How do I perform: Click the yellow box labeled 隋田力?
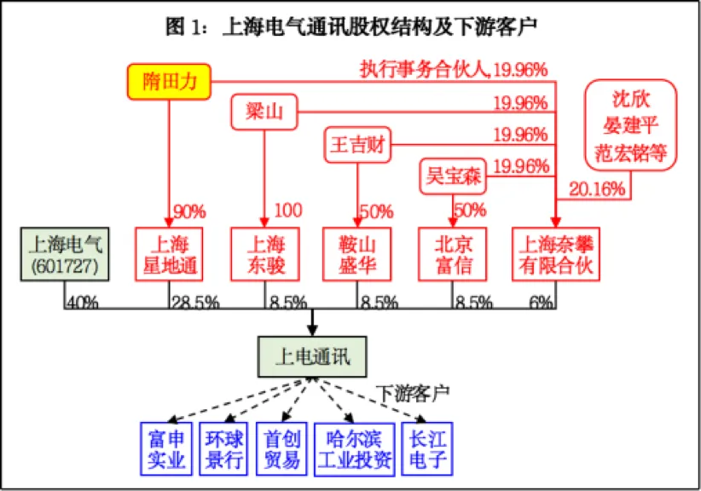[170, 81]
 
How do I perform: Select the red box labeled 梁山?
[264, 112]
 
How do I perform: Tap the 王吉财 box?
[357, 145]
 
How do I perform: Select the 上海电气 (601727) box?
[65, 254]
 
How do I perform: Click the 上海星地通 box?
[170, 254]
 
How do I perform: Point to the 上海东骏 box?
[264, 254]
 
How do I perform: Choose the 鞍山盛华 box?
[357, 254]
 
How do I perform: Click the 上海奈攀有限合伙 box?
[556, 254]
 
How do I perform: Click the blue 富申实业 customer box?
[166, 448]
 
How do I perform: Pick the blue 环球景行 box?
[224, 448]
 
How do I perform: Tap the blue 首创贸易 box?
[282, 448]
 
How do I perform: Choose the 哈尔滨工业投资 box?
[354, 448]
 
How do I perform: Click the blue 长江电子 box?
[427, 448]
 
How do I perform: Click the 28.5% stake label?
[195, 301]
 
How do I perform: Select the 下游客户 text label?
[413, 393]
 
